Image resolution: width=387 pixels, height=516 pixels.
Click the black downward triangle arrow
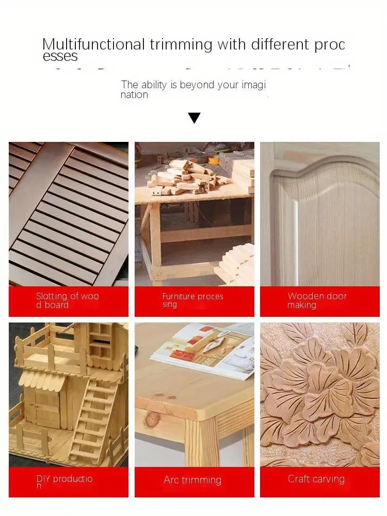pos(194,118)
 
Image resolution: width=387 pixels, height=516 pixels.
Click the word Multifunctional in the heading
pos(94,44)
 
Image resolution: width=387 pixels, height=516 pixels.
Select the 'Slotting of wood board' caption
pos(67,300)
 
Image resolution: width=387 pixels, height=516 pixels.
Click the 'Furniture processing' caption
pos(192,300)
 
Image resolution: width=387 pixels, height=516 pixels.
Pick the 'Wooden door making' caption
pos(317,300)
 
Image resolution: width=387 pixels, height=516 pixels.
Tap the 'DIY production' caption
pos(64,482)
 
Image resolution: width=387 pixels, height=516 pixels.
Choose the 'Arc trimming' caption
pos(192,480)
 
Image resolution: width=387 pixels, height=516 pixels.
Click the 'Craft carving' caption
pos(316,479)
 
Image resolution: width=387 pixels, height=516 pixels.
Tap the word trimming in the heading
pos(181,44)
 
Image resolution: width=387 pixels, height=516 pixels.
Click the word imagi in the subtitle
pos(253,85)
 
